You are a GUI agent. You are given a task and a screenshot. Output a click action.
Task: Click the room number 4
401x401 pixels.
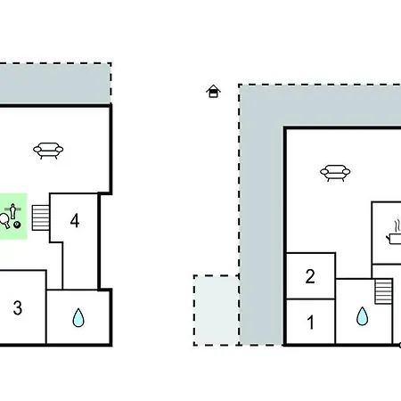[x=75, y=221]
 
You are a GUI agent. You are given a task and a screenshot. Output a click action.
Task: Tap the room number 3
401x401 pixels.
[x=18, y=307]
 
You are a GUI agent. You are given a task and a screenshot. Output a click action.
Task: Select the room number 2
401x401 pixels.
[x=310, y=276]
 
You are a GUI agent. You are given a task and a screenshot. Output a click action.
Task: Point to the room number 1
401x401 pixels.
[x=311, y=323]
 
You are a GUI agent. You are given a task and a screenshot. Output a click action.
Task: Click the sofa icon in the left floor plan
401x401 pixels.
[x=48, y=151]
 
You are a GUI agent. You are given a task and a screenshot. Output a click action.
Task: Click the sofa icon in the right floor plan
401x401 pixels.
[x=335, y=173]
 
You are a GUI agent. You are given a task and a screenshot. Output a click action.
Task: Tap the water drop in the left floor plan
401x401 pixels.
[x=78, y=317]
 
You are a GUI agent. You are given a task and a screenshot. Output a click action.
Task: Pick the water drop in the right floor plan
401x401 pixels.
[x=362, y=315]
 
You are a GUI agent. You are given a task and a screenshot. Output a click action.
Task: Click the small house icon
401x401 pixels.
[x=213, y=91]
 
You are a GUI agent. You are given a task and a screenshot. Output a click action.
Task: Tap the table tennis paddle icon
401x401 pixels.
[x=4, y=221]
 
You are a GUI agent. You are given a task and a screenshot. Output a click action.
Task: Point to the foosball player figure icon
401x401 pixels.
[x=12, y=211]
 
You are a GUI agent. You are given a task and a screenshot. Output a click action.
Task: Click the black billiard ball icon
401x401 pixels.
[x=18, y=225]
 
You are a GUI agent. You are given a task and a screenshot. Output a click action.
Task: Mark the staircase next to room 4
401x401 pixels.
[x=41, y=217]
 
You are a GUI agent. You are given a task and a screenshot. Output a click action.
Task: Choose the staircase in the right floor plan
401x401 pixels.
[x=383, y=291]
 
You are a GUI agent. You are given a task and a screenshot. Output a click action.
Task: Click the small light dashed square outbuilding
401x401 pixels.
[x=217, y=310]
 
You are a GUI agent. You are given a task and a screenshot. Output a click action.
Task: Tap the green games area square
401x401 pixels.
[x=13, y=217]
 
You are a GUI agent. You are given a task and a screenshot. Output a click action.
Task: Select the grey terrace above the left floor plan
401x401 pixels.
[x=55, y=84]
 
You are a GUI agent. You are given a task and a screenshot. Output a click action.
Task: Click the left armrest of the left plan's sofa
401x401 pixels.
[x=37, y=150]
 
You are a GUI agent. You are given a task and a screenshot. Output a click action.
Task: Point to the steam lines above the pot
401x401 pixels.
[x=397, y=226]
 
